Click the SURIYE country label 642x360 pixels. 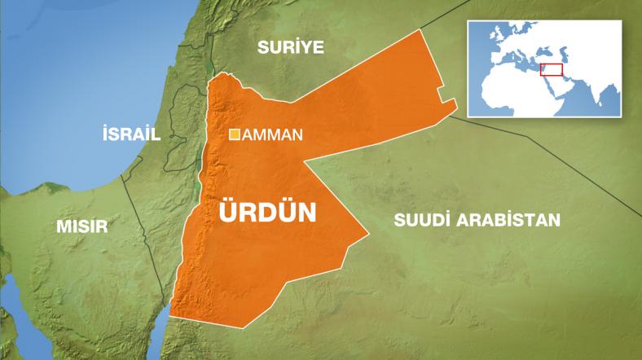tap(291, 47)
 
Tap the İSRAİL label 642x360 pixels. tap(130, 134)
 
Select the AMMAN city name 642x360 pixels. tap(273, 135)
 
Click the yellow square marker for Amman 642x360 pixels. tap(235, 134)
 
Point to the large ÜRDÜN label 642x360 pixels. tap(268, 213)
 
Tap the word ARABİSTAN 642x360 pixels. tap(512, 219)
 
